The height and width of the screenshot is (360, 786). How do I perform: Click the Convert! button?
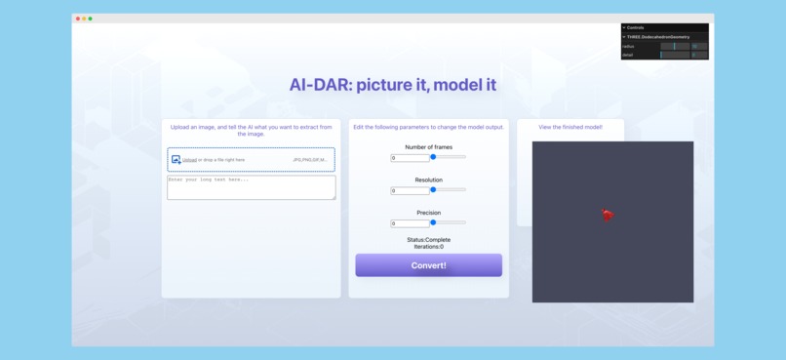428,265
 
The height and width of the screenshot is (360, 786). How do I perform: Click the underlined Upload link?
189,160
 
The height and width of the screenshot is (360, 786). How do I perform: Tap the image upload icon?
176,160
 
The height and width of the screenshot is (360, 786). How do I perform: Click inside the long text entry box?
251,187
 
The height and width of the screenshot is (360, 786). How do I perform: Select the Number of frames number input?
409,158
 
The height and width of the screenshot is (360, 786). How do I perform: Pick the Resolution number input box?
409,191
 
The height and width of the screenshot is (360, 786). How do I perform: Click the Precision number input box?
409,223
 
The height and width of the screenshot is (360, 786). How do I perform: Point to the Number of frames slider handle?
433,157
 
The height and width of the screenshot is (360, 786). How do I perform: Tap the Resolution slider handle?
433,190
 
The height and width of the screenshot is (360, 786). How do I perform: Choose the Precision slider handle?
433,222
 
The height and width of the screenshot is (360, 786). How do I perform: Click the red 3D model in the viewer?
607,215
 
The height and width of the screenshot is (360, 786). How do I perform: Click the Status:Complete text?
428,239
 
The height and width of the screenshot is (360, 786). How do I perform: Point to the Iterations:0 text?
428,247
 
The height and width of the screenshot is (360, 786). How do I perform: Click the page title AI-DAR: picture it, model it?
392,85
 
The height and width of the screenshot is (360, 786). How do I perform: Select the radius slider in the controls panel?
675,46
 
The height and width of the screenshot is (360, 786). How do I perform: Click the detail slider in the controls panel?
675,55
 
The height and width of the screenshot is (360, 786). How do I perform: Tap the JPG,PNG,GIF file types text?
310,160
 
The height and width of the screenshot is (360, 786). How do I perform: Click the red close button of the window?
78,19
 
